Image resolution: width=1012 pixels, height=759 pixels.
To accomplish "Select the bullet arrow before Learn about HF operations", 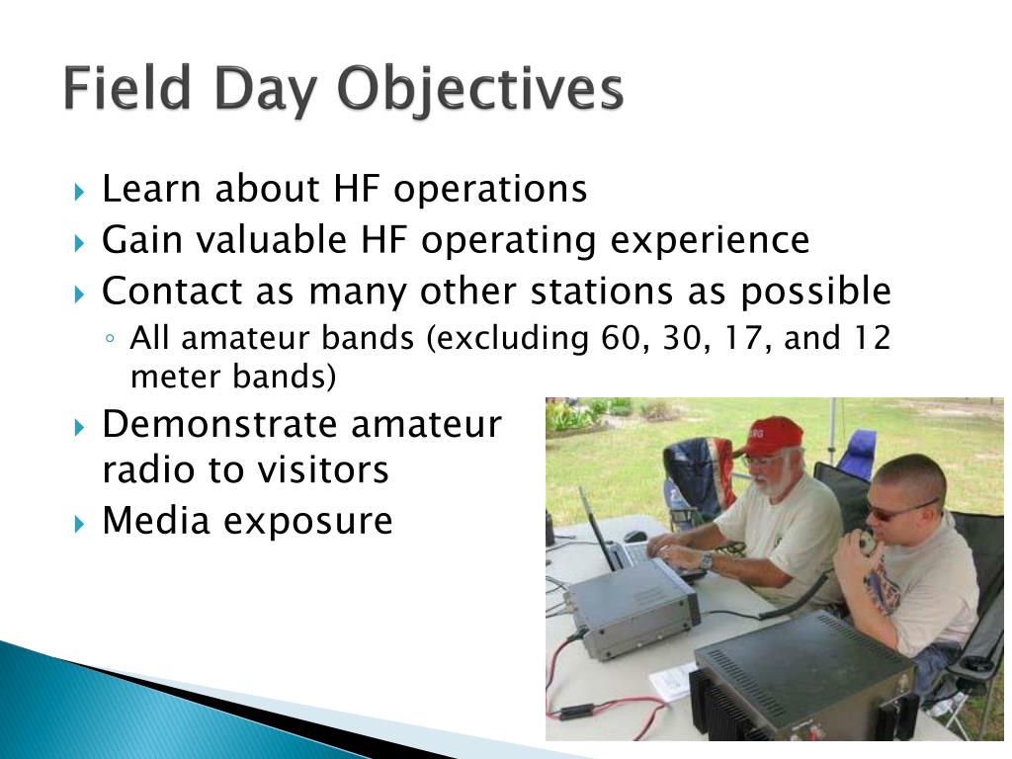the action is coord(79,192).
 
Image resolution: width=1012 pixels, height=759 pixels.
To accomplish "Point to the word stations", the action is coord(602,292).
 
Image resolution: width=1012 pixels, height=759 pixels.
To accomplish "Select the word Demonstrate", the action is coord(219,425).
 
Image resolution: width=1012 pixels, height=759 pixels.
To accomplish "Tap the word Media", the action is coord(155,520).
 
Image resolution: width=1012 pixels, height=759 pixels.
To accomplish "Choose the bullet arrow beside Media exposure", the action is coord(79,524).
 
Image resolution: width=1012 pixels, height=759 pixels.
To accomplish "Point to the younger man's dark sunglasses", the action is coord(897,510).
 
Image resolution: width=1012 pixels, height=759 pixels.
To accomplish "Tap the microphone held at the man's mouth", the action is coord(865,544).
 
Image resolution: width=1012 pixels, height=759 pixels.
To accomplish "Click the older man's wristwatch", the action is coord(706,561).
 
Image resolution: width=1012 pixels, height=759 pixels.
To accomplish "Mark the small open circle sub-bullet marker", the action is coord(111,338).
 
